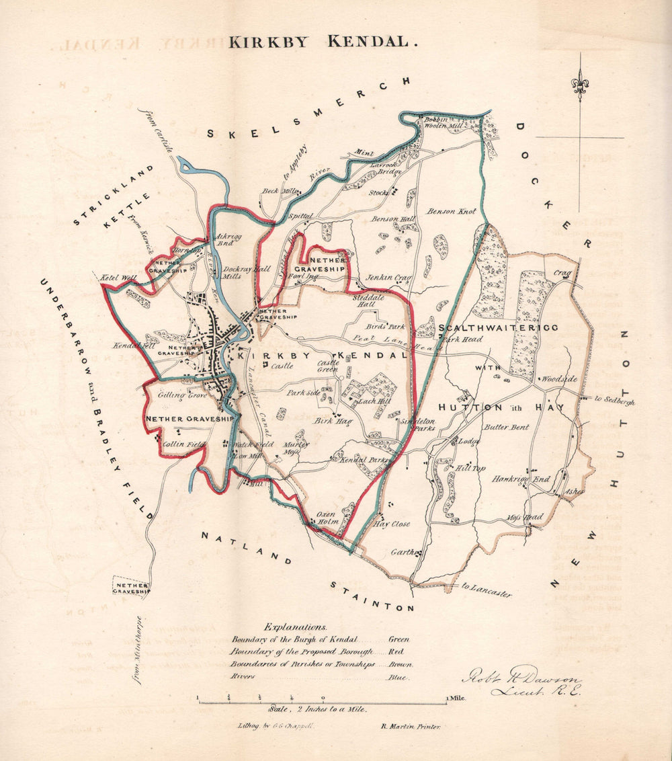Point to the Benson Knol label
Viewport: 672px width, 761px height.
click(451, 211)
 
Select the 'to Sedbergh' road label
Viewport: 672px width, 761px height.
click(614, 400)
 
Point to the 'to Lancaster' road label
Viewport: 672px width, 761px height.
click(487, 590)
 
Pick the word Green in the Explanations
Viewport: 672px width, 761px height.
click(398, 639)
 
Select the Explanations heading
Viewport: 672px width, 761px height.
click(296, 626)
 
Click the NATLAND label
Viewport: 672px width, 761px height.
click(246, 548)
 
